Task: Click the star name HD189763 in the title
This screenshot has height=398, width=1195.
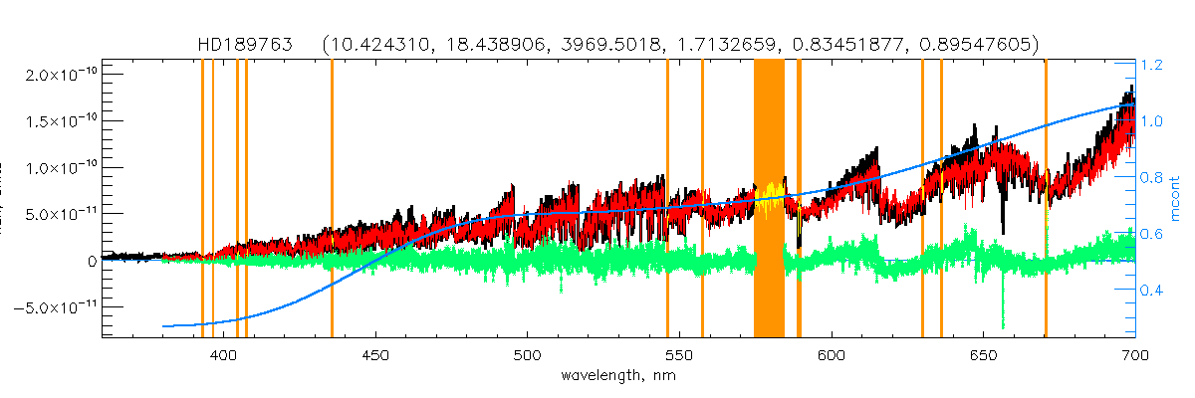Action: click(236, 46)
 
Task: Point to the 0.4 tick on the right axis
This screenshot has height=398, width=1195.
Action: click(1152, 291)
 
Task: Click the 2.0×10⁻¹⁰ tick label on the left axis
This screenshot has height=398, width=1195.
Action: click(57, 75)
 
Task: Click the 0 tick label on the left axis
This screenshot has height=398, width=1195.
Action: click(91, 261)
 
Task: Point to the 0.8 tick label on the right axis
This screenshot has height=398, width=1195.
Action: click(1152, 178)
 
